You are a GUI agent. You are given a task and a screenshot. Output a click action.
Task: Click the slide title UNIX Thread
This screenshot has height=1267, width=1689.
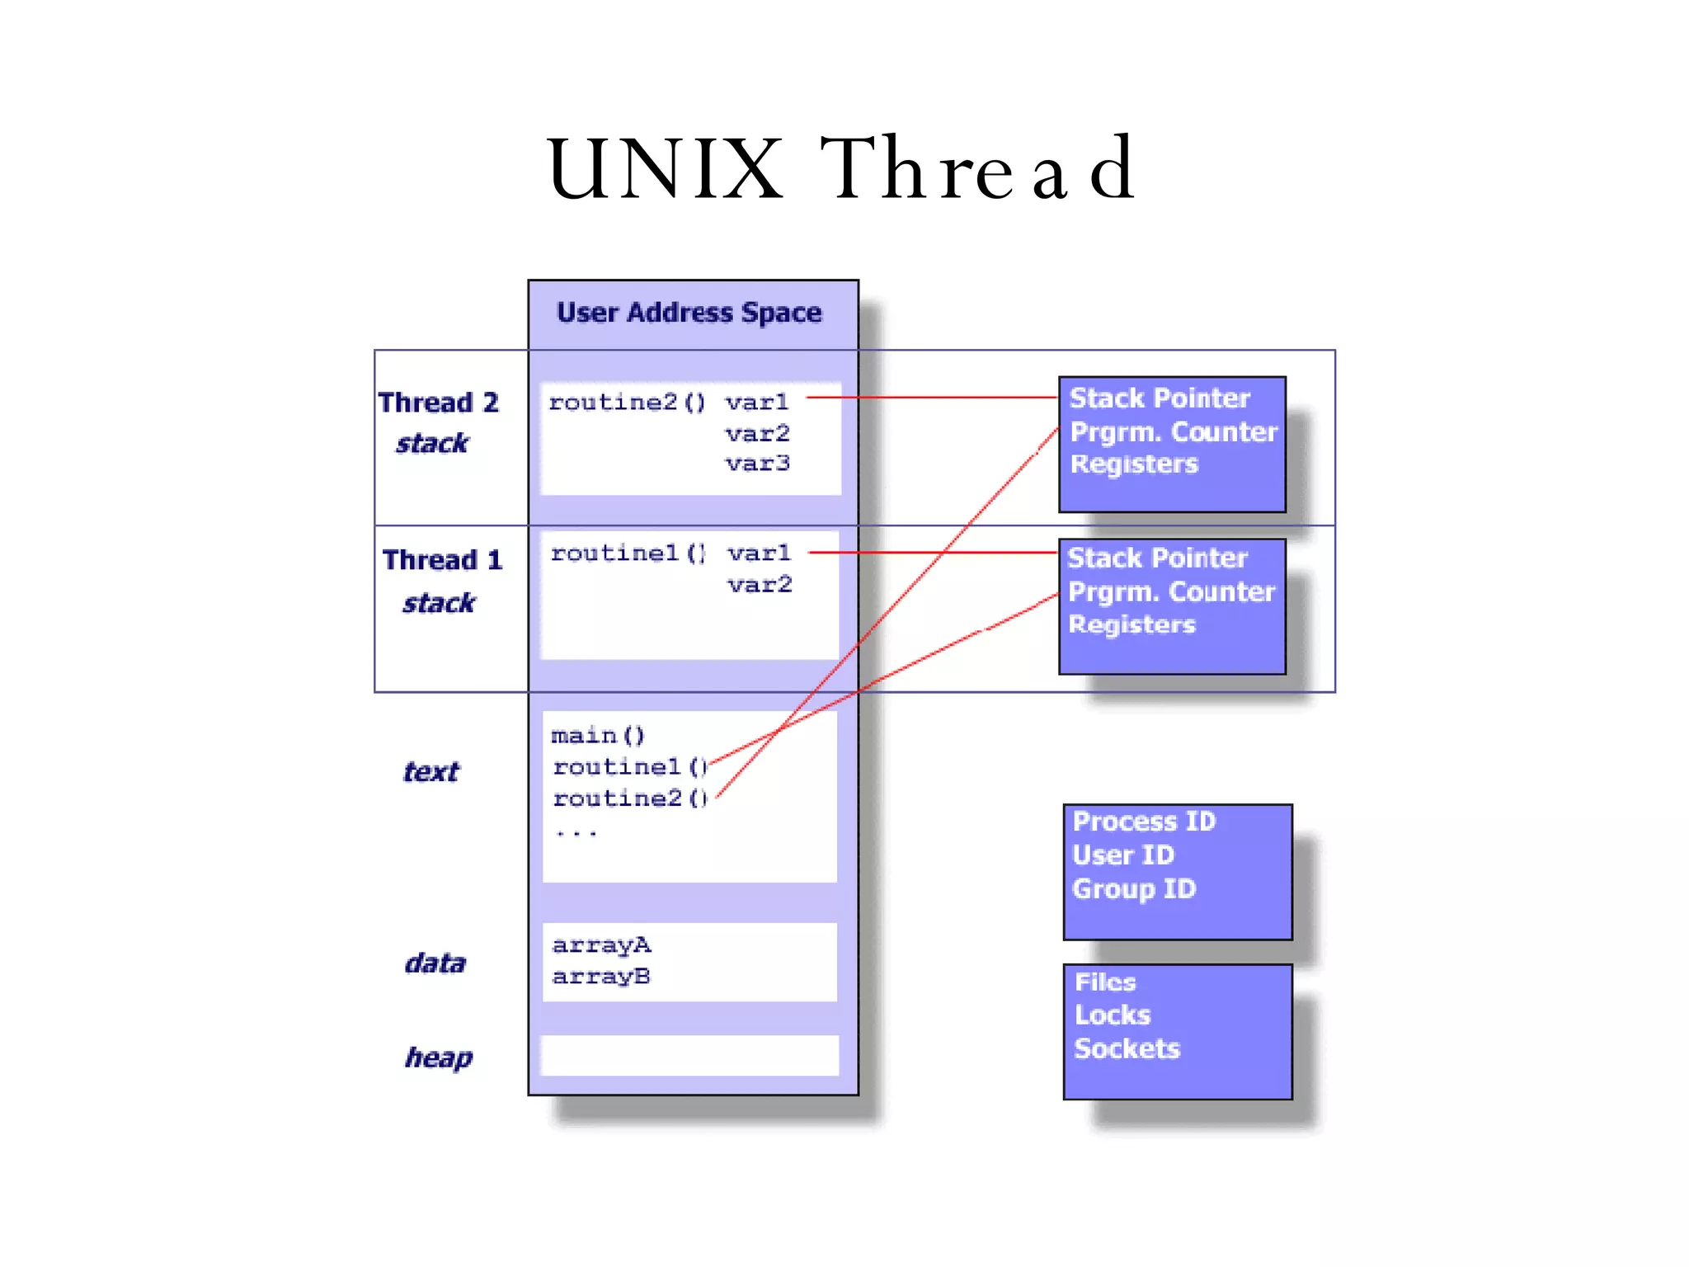pos(841,168)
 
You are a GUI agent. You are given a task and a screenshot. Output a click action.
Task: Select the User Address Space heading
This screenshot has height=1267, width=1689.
pos(689,313)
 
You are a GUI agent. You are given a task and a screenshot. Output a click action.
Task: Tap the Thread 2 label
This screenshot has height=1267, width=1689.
pos(439,403)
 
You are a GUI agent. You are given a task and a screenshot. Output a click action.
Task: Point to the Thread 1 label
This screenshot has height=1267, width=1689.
pos(443,560)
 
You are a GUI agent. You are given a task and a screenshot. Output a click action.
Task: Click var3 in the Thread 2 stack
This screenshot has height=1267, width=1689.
pos(758,464)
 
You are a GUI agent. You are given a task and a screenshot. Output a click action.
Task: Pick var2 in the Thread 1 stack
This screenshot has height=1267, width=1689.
pos(760,585)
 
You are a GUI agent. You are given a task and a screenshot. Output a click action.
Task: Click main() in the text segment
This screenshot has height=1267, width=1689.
pos(598,735)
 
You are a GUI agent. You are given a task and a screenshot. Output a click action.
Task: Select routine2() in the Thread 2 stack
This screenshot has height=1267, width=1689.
pos(627,403)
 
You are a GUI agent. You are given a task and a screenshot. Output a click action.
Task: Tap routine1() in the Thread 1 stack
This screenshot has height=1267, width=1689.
pos(628,553)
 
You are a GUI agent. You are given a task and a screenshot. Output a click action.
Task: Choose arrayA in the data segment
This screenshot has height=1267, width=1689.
pos(601,945)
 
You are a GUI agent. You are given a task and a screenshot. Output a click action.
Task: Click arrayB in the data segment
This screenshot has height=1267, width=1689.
pos(601,977)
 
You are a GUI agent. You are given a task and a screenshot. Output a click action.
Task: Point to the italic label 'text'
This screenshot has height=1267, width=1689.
pos(431,772)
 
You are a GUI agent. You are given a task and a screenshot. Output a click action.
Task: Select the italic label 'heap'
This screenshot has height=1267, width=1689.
pos(439,1057)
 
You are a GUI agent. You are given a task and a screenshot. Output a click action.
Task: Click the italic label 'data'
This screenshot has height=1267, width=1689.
pos(435,963)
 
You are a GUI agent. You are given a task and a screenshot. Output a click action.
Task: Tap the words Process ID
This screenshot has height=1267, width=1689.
pos(1144,822)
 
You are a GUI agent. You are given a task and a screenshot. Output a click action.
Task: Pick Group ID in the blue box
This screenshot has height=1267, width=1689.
pos(1134,889)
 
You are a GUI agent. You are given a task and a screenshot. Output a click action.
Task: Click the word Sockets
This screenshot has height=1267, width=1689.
pos(1127,1048)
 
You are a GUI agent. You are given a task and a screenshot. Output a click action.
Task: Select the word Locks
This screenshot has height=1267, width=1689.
pos(1113,1015)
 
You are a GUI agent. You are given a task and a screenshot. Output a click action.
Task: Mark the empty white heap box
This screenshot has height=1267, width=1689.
pos(689,1056)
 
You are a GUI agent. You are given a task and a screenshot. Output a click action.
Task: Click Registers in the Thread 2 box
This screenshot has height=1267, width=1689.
pos(1134,464)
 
